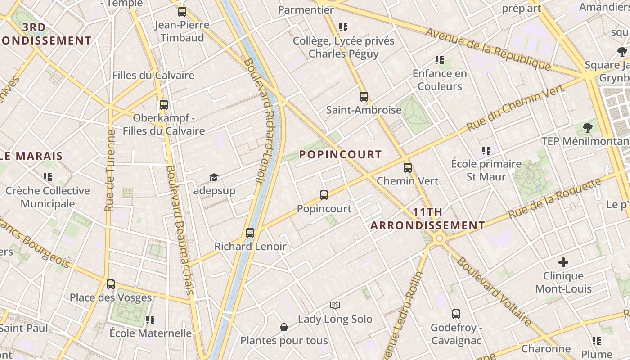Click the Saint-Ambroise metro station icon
tap(364, 97)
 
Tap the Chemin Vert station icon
tap(408, 168)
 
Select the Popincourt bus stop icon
tap(324, 195)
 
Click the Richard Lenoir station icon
tap(250, 233)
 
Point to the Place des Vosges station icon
tap(111, 284)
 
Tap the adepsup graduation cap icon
tap(214, 178)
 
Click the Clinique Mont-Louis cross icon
tap(563, 262)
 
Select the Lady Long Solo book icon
tap(335, 306)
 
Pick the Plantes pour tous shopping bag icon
tap(284, 327)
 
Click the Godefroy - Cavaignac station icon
tap(456, 314)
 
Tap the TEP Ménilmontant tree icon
tap(587, 128)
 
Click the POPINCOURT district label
tap(340, 155)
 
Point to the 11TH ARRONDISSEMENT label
tap(427, 219)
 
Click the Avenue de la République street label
tap(488, 49)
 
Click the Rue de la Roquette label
tap(555, 198)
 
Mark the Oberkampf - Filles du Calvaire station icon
tap(164, 105)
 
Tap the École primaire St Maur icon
tap(486, 151)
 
